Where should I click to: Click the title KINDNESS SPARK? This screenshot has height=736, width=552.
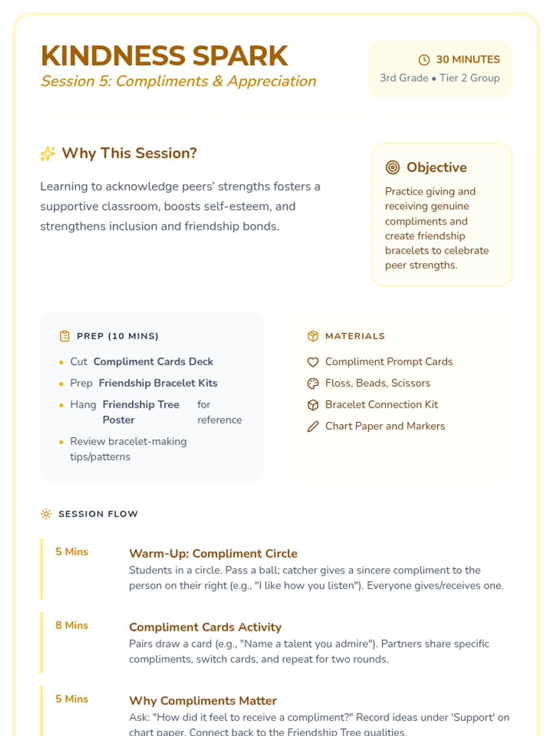[x=164, y=56]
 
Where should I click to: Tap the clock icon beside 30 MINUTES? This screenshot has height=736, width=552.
[x=424, y=60]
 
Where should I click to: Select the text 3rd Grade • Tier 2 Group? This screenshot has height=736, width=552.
[x=439, y=78]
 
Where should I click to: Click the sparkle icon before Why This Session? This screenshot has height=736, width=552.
[x=48, y=154]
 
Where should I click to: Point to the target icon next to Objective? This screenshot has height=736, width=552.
[x=392, y=167]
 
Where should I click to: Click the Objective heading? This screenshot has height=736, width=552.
[x=436, y=167]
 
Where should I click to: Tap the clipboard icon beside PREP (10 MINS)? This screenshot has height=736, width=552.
[x=65, y=336]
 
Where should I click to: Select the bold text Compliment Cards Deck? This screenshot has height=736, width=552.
[x=153, y=362]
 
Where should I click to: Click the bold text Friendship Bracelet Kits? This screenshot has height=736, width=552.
[x=158, y=383]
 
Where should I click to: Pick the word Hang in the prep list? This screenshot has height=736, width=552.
[x=83, y=405]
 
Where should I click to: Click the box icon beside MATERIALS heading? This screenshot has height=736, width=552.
[x=313, y=336]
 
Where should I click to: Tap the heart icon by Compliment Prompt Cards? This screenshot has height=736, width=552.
[x=313, y=362]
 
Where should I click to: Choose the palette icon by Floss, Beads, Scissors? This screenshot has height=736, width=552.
[x=313, y=384]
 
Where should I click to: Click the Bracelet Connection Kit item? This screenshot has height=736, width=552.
[x=381, y=405]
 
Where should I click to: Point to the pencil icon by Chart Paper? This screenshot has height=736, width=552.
[x=313, y=426]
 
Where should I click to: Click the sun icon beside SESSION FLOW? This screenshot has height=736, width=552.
[x=46, y=514]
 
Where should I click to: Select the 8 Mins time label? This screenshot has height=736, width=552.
[x=72, y=626]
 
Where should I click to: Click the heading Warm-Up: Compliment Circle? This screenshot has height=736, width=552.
[x=213, y=553]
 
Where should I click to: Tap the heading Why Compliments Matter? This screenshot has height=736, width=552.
[x=203, y=701]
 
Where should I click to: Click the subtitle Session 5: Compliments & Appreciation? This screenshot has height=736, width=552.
[x=178, y=81]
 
